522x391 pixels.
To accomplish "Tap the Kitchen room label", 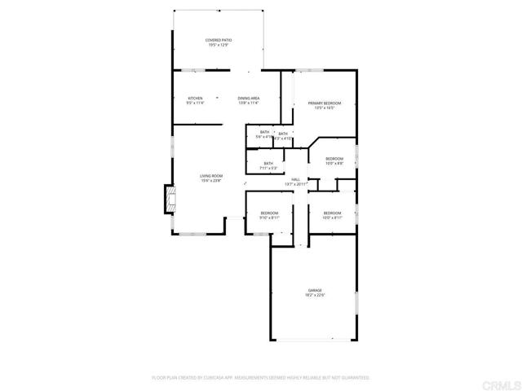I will [195, 99].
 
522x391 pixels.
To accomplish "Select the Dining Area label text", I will [249, 99].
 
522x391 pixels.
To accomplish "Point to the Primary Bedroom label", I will [324, 103].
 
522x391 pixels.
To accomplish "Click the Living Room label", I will [212, 176].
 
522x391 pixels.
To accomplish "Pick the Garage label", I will [315, 290].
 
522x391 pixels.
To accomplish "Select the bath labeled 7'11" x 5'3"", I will [268, 164].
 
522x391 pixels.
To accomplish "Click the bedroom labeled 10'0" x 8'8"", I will [334, 159].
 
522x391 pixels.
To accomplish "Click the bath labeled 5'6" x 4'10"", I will [264, 132].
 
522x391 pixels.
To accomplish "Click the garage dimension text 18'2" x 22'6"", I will [315, 296].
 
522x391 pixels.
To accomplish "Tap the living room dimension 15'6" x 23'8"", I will [212, 181].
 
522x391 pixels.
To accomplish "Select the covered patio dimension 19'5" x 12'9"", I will [219, 45].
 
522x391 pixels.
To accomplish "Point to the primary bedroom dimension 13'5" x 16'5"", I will [324, 108].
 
